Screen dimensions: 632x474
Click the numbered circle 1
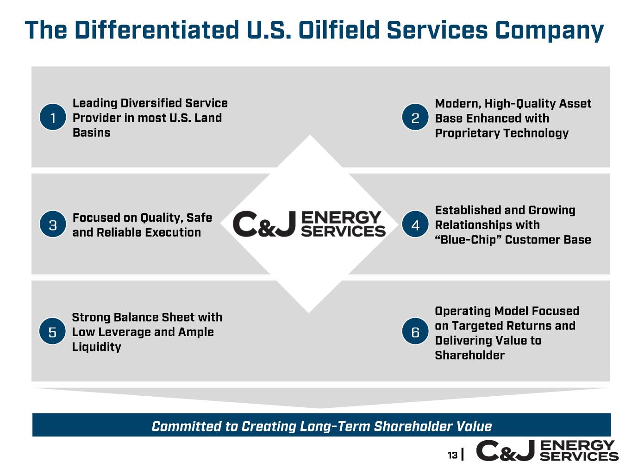click(x=53, y=117)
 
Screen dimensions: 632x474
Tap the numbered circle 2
click(x=415, y=117)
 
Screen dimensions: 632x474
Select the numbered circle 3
click(x=53, y=224)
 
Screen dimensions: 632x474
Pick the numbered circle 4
click(x=415, y=224)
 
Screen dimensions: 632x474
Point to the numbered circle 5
click(x=52, y=331)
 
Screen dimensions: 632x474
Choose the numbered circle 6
click(x=415, y=331)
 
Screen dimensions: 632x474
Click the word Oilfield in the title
click(x=339, y=30)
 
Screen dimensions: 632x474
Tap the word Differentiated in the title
click(x=156, y=30)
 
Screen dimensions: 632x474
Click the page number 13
click(x=452, y=455)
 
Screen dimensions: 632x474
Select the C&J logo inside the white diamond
click(x=309, y=224)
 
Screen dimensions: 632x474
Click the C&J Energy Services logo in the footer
click(x=547, y=451)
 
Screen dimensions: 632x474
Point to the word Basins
click(x=92, y=133)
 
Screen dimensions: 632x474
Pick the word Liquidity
click(x=96, y=347)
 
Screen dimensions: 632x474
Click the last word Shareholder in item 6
click(x=469, y=355)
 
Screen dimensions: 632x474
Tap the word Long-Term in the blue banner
click(x=335, y=426)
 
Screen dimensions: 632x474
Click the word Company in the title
click(x=550, y=31)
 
